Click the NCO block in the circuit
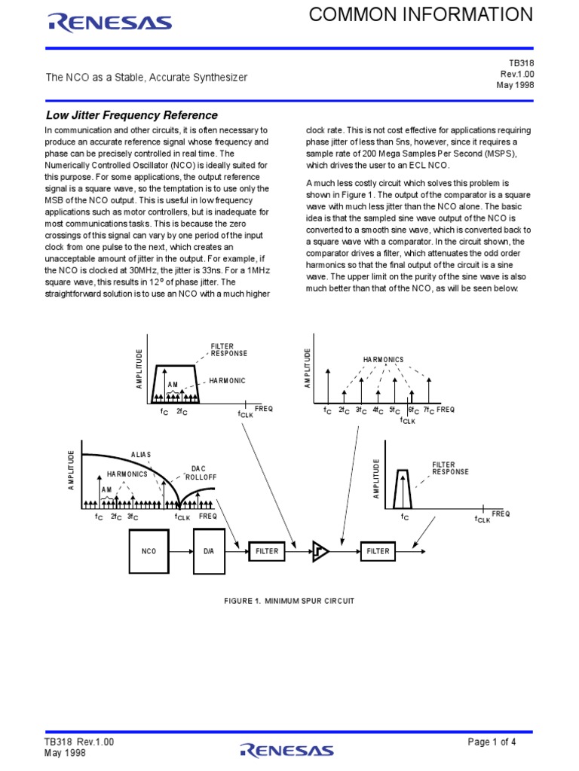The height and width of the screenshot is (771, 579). click(x=149, y=551)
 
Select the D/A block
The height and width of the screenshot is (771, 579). click(x=209, y=551)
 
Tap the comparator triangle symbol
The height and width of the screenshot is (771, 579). click(x=320, y=552)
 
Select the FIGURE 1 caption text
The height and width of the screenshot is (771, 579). click(x=289, y=601)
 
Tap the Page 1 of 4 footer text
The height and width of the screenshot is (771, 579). click(x=492, y=742)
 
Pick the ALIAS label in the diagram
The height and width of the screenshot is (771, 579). click(x=141, y=455)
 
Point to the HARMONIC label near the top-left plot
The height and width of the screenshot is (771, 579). click(x=228, y=381)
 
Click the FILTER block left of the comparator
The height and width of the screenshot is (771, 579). click(x=267, y=551)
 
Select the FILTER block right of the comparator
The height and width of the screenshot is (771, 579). click(x=378, y=551)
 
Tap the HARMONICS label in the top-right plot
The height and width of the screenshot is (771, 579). click(x=383, y=360)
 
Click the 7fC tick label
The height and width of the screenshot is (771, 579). click(x=427, y=410)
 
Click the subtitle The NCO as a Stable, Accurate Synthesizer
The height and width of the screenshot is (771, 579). click(x=147, y=78)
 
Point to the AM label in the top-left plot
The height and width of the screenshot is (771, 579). click(x=173, y=385)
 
